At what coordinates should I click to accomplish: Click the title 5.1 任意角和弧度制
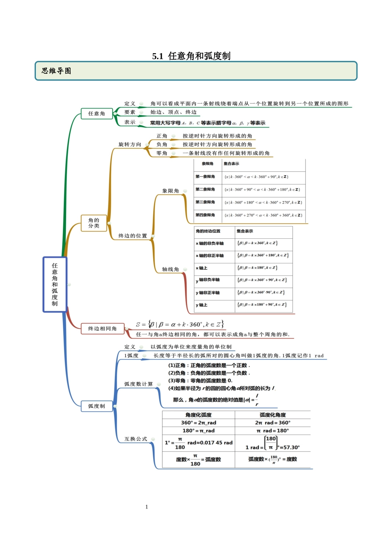[x=191, y=56]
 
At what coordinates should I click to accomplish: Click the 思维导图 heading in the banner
[x=56, y=71]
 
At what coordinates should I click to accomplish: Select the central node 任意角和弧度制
[x=55, y=284]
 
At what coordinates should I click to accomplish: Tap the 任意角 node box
[x=97, y=114]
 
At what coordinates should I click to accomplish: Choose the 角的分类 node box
[x=94, y=223]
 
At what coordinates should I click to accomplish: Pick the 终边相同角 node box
[x=102, y=329]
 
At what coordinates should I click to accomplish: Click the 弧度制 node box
[x=97, y=406]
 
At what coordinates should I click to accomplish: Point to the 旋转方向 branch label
[x=130, y=144]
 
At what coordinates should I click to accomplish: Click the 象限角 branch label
[x=171, y=191]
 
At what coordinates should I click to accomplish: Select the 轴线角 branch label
[x=171, y=269]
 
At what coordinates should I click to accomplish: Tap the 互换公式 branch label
[x=136, y=439]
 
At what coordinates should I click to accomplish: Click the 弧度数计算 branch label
[x=139, y=384]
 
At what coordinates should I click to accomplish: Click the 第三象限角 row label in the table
[x=205, y=202]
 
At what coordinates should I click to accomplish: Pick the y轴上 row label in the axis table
[x=202, y=305]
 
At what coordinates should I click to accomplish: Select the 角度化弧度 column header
[x=198, y=415]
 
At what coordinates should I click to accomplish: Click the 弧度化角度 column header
[x=273, y=415]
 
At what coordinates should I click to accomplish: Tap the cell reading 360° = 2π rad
[x=198, y=423]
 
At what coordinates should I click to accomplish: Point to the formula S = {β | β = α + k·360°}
[x=180, y=324]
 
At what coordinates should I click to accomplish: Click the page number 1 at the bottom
[x=147, y=507]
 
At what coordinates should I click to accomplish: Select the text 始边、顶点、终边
[x=173, y=112]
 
